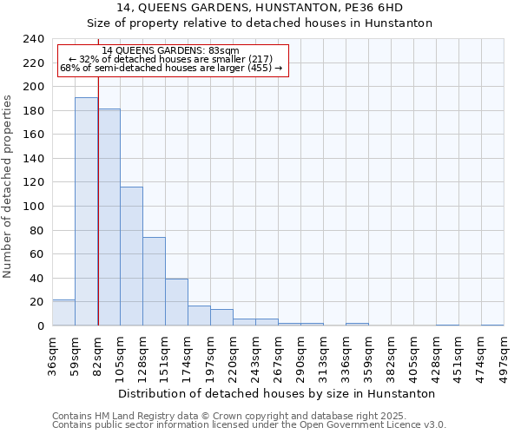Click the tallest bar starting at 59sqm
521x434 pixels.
86,212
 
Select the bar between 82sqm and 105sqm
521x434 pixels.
109,217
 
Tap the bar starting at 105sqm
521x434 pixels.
131,256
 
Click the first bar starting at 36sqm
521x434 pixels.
63,312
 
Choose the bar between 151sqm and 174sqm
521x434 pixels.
176,302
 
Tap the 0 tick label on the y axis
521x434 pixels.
41,325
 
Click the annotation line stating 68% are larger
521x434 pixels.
171,68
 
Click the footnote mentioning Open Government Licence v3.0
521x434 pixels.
249,424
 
